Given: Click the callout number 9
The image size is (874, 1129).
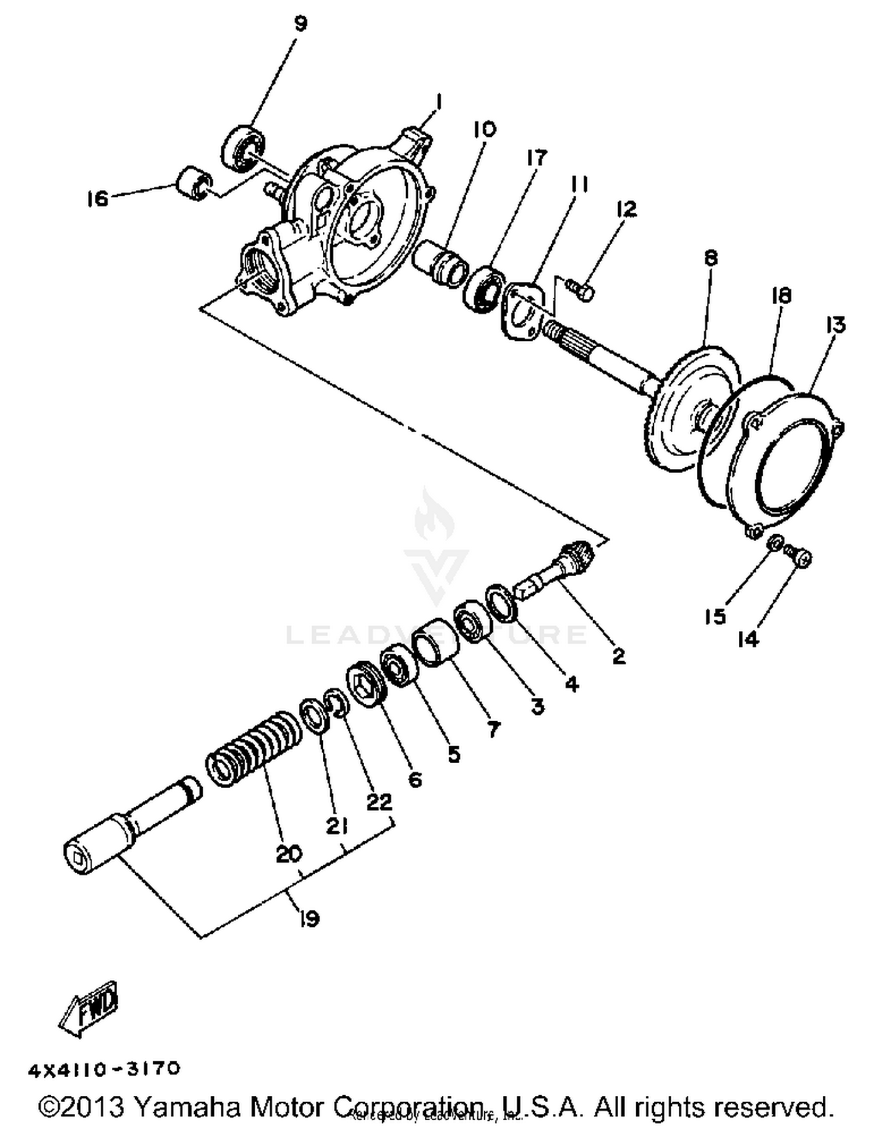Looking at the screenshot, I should [x=299, y=24].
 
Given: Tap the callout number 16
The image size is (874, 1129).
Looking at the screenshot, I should [x=97, y=199].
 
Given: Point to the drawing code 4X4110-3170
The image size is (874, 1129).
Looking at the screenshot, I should [x=104, y=1070].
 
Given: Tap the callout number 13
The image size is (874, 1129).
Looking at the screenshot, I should [x=835, y=325].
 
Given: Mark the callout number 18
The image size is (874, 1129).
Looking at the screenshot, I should [x=781, y=295].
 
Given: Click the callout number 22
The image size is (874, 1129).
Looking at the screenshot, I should [x=379, y=802].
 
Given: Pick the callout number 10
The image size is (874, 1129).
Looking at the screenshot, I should [x=484, y=129].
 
